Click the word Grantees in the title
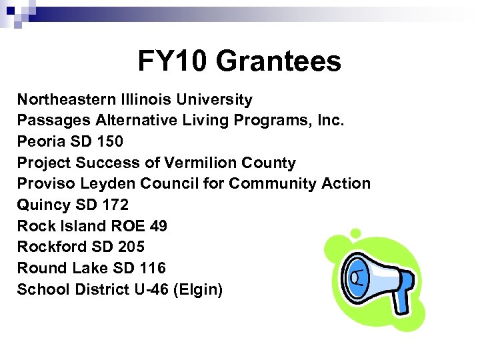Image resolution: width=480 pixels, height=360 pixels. pos(279,61)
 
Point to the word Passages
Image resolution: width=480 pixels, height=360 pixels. pos(54,121)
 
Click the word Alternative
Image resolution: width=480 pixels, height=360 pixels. pos(136,121)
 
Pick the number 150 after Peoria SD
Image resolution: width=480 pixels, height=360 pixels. pos(109,142)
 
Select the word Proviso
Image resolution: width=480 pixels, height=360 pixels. pos(42,183)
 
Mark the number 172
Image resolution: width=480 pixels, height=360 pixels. pos(115,205)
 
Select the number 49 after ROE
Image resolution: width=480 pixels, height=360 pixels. pos(158,226)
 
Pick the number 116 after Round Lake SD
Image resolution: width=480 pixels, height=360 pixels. pos(152,268)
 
